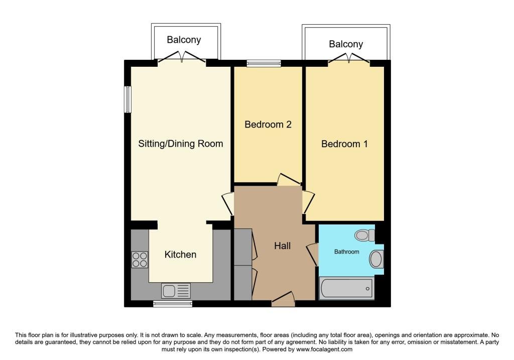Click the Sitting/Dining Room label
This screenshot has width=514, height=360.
point(180,144)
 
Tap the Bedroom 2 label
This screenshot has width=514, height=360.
point(268,125)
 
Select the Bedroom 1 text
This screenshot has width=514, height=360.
point(344,144)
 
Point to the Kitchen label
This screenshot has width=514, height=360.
point(180,255)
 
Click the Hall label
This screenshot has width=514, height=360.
point(282,246)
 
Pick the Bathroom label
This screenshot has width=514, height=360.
point(346,252)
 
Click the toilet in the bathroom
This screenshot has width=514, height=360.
point(364,235)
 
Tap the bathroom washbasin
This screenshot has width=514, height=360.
point(376,259)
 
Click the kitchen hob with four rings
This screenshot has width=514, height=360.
point(140,260)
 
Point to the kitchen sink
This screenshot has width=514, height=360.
point(176,291)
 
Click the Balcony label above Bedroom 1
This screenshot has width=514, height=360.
point(346,44)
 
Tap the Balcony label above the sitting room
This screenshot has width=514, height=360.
point(184,40)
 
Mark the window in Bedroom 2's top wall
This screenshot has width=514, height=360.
point(264,63)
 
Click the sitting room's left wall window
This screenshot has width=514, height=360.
point(127,99)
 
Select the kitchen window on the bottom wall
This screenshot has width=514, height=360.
point(173,304)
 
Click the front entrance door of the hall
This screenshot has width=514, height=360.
point(283,299)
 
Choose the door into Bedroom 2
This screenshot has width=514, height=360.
point(289,179)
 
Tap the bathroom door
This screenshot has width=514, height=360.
point(312,255)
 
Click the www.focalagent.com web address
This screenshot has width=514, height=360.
point(324,349)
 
